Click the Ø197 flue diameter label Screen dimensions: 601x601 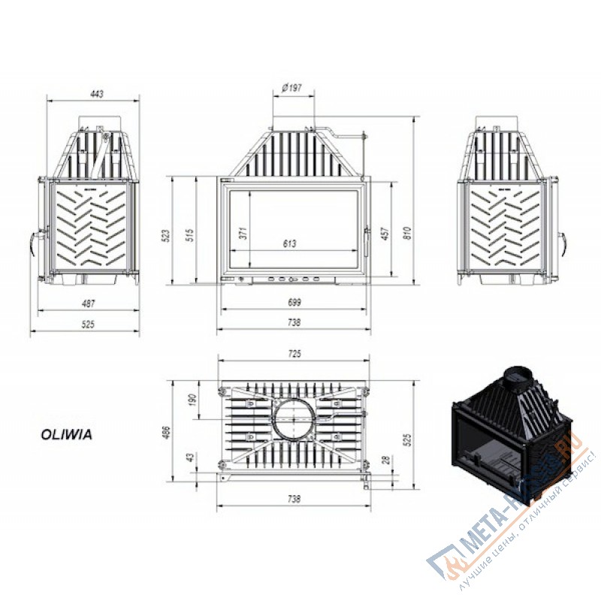click(x=291, y=88)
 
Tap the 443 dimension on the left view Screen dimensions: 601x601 click(x=95, y=94)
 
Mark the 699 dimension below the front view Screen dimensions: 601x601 click(x=294, y=304)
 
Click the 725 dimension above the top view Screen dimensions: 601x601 click(x=294, y=353)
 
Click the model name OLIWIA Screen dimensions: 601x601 click(x=65, y=433)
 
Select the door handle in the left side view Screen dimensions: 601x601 click(x=34, y=242)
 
